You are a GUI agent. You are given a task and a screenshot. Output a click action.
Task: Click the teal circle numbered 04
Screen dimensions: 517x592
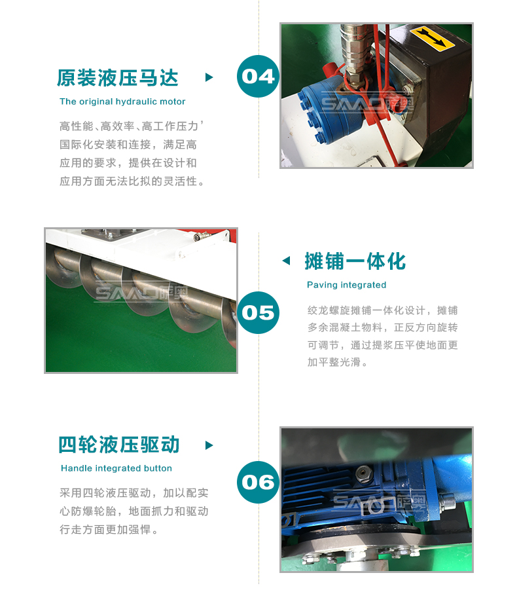(x=258, y=76)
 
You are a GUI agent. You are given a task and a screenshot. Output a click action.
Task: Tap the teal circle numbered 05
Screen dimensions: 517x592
(x=258, y=312)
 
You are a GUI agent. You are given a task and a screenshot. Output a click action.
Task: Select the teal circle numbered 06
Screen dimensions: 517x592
(x=258, y=482)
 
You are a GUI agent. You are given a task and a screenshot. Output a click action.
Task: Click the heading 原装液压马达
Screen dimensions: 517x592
(x=117, y=78)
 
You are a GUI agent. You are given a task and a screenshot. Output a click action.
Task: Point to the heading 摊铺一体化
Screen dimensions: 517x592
(x=355, y=261)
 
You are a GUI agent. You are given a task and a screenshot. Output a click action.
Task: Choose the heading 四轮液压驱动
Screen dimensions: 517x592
(x=119, y=445)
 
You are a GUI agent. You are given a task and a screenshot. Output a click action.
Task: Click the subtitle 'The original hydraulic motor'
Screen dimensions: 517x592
(x=122, y=102)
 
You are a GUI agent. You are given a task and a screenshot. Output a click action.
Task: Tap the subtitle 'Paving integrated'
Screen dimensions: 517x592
(x=346, y=285)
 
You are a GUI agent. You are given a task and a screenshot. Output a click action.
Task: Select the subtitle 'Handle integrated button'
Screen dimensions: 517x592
(x=116, y=468)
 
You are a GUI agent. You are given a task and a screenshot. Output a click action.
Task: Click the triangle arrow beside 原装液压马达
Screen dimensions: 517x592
(x=209, y=77)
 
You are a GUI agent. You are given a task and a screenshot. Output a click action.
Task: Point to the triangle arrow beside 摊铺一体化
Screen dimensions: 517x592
(x=287, y=261)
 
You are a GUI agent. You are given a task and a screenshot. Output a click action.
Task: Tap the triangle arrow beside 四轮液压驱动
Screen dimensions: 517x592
(x=209, y=445)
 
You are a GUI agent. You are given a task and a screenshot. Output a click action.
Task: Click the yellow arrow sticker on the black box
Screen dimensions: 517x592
(x=433, y=39)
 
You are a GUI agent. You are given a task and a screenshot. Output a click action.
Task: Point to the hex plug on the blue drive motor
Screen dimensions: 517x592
(x=363, y=473)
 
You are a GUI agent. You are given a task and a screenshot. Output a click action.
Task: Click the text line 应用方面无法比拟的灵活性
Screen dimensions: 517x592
(x=132, y=181)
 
